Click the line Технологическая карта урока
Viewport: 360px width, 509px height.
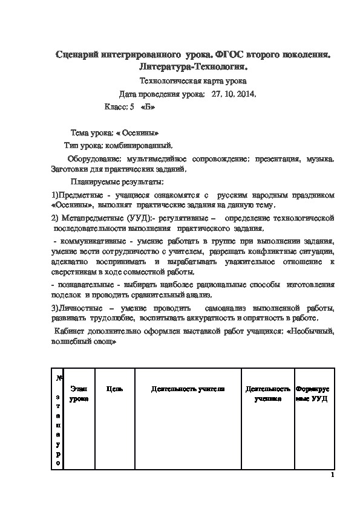pyautogui.click(x=193, y=80)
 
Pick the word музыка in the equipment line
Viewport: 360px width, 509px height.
pyautogui.click(x=319, y=159)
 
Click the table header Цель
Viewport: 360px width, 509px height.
pyautogui.click(x=114, y=389)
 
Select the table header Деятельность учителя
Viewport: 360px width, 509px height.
pyautogui.click(x=188, y=389)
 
